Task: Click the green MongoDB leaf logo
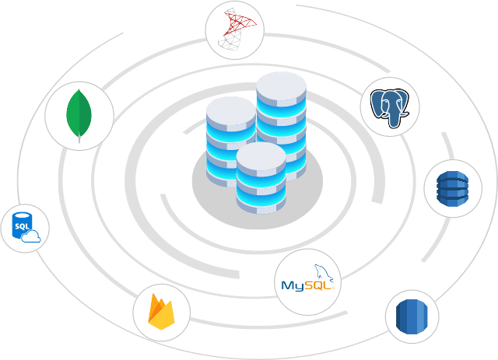tap(79, 114)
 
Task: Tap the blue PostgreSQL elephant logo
tap(390, 107)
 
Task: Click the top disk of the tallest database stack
tap(281, 88)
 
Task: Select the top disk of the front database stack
tap(261, 158)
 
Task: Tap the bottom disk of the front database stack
tap(261, 204)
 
